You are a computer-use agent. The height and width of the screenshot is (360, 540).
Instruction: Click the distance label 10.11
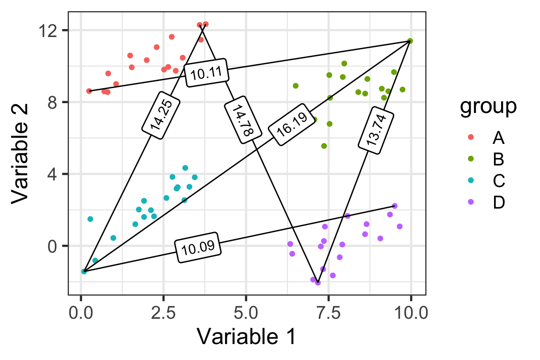pyautogui.click(x=207, y=73)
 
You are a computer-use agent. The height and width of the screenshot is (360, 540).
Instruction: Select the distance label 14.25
pyautogui.click(x=161, y=114)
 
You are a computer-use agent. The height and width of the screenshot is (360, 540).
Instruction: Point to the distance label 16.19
pyautogui.click(x=292, y=125)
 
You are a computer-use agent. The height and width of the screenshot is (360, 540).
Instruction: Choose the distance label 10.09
pyautogui.click(x=198, y=246)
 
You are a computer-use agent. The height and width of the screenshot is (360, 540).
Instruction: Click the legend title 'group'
pyautogui.click(x=488, y=106)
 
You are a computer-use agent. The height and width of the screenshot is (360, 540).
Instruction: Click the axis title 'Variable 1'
pyautogui.click(x=247, y=336)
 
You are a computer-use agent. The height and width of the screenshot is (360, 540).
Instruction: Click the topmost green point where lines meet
pyautogui.click(x=410, y=41)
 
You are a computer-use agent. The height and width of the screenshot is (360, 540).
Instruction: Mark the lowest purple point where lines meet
pyautogui.click(x=318, y=283)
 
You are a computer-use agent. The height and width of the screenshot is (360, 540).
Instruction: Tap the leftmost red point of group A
pyautogui.click(x=89, y=91)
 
